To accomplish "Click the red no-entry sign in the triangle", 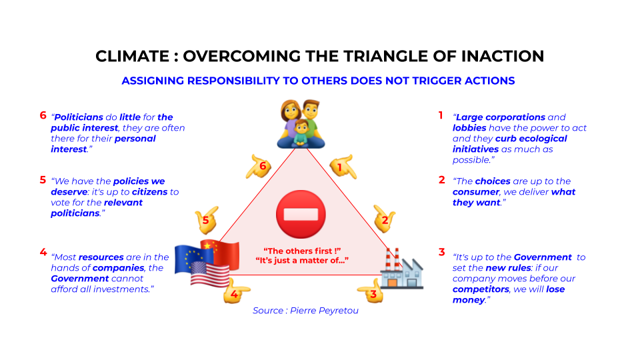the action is (301, 214).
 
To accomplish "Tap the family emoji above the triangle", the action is (301, 124).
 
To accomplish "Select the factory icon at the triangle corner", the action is (401, 269).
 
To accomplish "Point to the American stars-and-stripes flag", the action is (210, 274).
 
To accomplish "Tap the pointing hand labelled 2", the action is (384, 219).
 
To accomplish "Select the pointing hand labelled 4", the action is (236, 291).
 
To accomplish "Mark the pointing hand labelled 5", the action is (207, 220).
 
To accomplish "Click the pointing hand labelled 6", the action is (259, 167).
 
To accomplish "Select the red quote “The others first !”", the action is (302, 251).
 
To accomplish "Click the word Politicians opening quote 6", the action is (79, 117).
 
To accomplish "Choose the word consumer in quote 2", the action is (476, 192).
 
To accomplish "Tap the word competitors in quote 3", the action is (481, 289).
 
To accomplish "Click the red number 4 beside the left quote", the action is (43, 252).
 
